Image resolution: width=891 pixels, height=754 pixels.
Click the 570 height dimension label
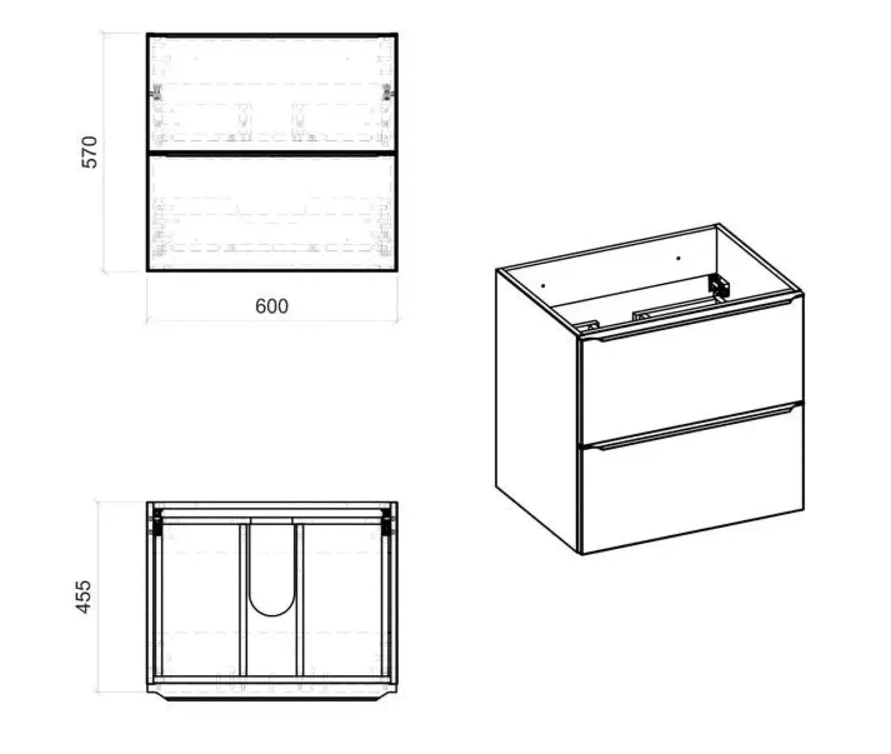click(90, 152)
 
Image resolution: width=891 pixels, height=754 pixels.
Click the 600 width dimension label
click(271, 306)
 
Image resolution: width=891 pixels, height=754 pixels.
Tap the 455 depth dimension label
click(84, 597)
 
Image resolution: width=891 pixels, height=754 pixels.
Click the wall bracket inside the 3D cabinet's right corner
click(719, 286)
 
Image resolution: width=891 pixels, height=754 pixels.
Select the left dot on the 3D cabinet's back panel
click(543, 285)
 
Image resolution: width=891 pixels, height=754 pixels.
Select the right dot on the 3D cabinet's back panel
click(678, 258)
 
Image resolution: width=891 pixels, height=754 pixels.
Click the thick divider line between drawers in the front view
click(272, 152)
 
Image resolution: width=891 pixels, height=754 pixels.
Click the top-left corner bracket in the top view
click(157, 522)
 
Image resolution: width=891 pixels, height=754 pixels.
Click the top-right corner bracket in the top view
click(387, 522)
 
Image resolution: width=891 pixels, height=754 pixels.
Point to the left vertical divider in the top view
click(243, 600)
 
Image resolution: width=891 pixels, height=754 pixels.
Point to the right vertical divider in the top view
click(300, 600)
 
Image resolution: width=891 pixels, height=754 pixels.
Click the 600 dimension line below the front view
click(272, 320)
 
